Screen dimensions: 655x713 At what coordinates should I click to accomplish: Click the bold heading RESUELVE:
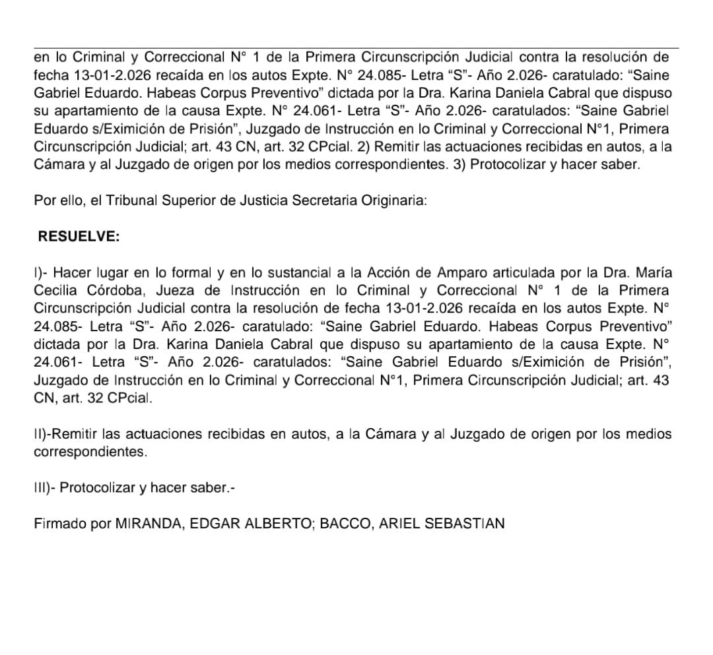click(79, 237)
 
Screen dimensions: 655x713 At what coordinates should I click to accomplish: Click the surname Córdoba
click(114, 290)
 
